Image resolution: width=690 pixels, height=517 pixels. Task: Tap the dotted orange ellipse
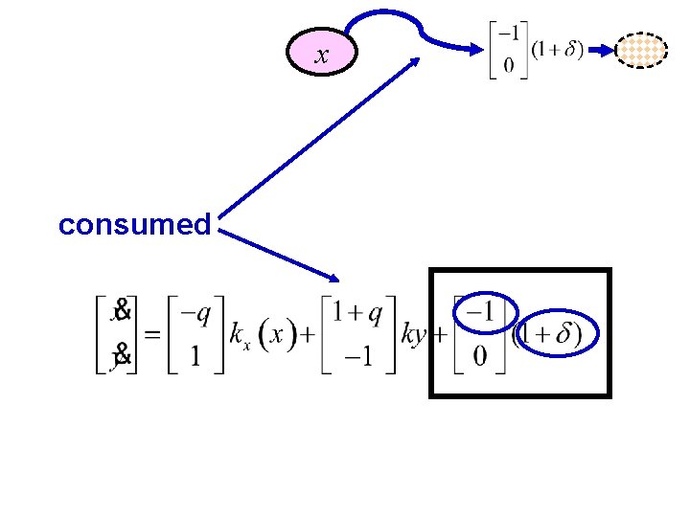pyautogui.click(x=641, y=50)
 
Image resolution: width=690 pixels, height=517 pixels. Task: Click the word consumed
pyautogui.click(x=134, y=225)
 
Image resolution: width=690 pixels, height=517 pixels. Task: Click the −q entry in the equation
pyautogui.click(x=195, y=313)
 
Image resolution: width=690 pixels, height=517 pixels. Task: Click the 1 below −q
pyautogui.click(x=195, y=356)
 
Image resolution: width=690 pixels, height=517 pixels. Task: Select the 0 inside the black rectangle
pyautogui.click(x=480, y=356)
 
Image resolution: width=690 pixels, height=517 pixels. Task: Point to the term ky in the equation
pyautogui.click(x=414, y=335)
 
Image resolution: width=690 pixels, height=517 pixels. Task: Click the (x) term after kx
pyautogui.click(x=276, y=335)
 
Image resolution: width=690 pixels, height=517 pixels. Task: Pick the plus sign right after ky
pyautogui.click(x=439, y=336)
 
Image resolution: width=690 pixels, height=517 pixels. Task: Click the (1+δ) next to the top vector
pyautogui.click(x=557, y=50)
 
